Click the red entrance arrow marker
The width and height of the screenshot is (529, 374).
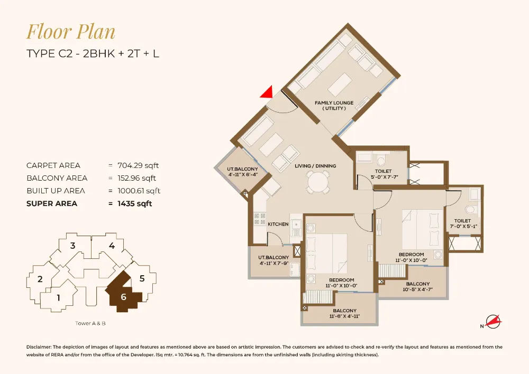[267, 93]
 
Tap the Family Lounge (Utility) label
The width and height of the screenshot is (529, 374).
[334, 106]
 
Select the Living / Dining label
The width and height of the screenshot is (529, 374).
[315, 166]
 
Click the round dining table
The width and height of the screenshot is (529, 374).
[317, 183]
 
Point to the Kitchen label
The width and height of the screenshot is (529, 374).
[278, 224]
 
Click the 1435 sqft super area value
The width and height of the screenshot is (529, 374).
[134, 203]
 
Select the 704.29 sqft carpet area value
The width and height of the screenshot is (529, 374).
[138, 165]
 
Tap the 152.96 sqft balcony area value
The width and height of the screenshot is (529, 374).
[138, 178]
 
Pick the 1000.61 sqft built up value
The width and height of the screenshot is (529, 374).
[139, 191]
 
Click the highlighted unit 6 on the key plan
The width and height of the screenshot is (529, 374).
[123, 296]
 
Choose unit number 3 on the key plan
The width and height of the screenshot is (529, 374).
[73, 245]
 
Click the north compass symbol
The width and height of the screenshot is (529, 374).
[491, 322]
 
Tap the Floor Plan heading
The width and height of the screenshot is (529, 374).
[71, 32]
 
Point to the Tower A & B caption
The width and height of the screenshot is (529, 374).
[91, 323]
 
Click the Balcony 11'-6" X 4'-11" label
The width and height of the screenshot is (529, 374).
[345, 313]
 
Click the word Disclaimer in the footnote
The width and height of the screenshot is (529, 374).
[41, 347]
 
